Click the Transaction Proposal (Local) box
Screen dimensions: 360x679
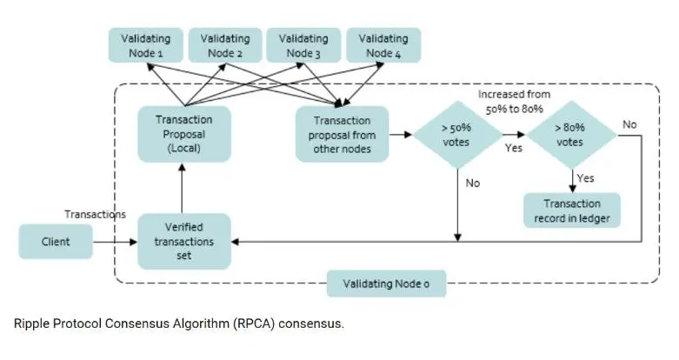coord(183,134)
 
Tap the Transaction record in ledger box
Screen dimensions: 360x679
coord(571,210)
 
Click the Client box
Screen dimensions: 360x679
coord(57,242)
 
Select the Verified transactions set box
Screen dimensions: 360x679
coord(183,241)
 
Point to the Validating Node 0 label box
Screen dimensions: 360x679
coord(386,283)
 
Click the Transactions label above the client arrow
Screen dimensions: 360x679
coord(96,214)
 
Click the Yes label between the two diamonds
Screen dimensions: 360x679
coord(514,149)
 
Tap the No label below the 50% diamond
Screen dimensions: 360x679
coord(472,183)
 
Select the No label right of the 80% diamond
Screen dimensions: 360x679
coord(629,125)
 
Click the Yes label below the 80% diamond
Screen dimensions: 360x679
coord(586,177)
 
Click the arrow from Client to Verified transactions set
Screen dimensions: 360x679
coord(116,242)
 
